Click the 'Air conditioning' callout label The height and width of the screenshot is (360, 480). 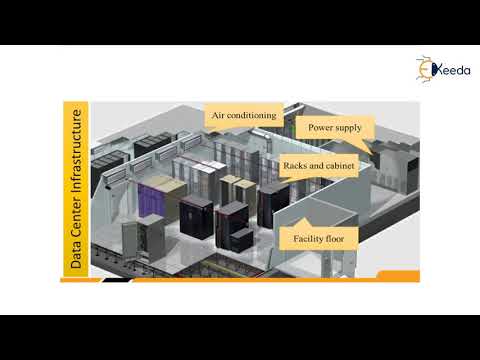point(241,116)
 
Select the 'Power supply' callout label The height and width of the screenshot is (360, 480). point(334,128)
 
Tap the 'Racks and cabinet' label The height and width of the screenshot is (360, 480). point(313,166)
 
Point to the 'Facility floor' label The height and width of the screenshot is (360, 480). point(320,238)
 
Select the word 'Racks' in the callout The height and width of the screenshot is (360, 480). point(295,166)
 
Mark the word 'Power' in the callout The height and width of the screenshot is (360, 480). point(318,128)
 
